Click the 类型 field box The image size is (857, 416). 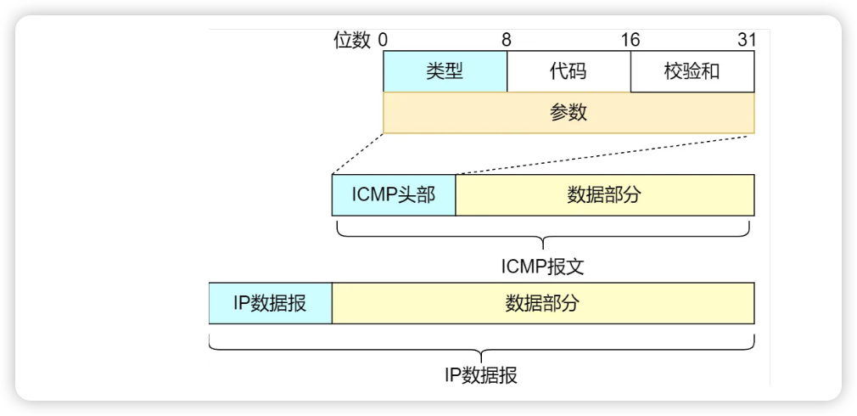pos(445,71)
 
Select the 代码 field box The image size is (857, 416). pos(569,71)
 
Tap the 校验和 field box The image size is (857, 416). pos(692,71)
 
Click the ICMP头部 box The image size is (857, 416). pos(394,195)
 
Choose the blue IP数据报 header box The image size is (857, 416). pos(270,303)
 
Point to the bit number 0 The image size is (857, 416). pos(384,41)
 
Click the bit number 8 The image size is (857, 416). pos(507,41)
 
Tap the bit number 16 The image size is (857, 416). pos(630,41)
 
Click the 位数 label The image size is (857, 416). pos(352,41)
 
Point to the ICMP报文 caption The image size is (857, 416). pos(542,267)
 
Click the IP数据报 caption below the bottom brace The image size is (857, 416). pos(480,374)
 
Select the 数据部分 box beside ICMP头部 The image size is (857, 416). pos(604,195)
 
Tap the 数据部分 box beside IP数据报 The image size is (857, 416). pos(542,303)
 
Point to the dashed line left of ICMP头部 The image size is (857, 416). pos(357,154)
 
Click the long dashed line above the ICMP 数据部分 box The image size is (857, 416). pos(604,154)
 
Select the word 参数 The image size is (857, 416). pos(569,113)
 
